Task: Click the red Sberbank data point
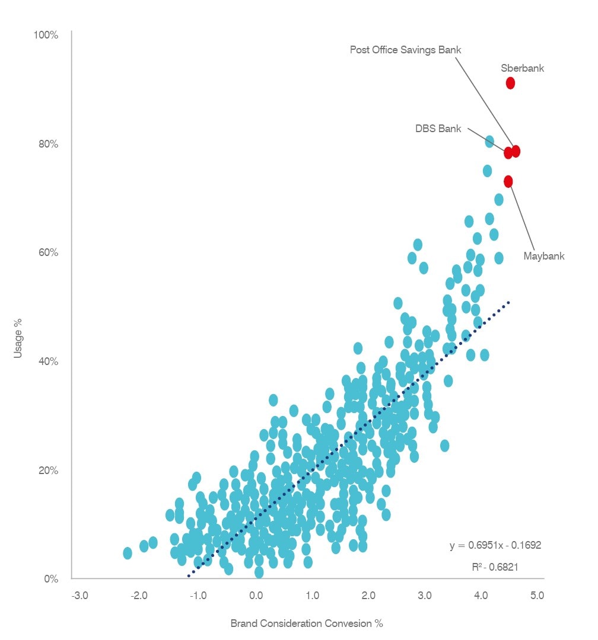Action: (x=510, y=83)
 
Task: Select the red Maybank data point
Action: (x=508, y=181)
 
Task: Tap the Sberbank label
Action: (x=522, y=68)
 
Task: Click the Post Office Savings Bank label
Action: (x=405, y=50)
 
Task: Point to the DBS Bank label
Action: (x=438, y=129)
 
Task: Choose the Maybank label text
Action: (x=544, y=257)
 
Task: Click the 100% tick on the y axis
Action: (x=46, y=35)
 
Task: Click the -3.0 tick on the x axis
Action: (x=80, y=594)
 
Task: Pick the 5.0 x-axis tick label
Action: (x=537, y=594)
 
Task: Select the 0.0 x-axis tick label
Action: (x=256, y=594)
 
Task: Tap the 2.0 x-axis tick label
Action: (x=368, y=594)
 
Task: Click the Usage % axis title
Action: (x=18, y=338)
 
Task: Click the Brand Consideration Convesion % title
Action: (x=307, y=623)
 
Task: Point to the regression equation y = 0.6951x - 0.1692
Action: (x=495, y=545)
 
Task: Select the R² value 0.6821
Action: (x=495, y=567)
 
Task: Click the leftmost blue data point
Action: (x=127, y=553)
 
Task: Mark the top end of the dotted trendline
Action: (x=508, y=303)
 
